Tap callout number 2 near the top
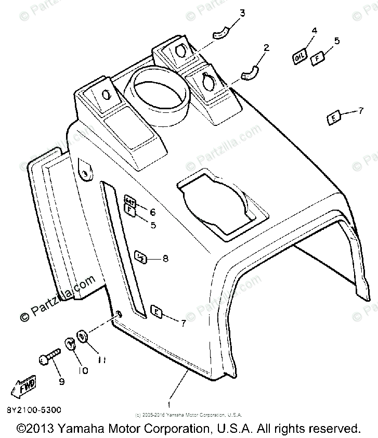267,47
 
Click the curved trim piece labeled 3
222,32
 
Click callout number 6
153,212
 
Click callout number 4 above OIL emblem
314,30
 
